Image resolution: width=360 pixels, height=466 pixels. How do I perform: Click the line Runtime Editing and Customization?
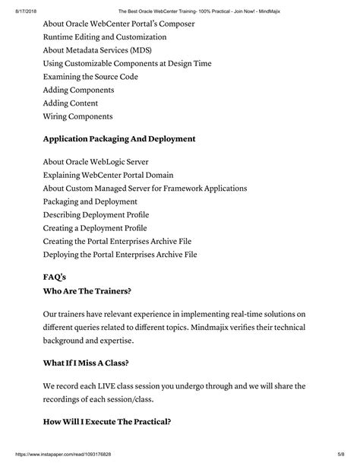tap(104, 37)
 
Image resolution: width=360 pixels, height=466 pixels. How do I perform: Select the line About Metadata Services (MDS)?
tap(97, 50)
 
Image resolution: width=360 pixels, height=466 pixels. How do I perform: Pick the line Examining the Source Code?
tap(90, 77)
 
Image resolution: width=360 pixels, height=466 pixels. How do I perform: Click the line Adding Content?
tap(71, 103)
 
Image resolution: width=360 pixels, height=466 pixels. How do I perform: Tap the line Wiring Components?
tap(77, 116)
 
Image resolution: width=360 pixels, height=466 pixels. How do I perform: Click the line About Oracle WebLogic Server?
tap(96, 162)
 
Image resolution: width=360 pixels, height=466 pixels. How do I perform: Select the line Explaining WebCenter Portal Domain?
tap(107, 176)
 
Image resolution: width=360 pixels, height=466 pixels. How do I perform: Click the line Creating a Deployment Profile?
tap(95, 228)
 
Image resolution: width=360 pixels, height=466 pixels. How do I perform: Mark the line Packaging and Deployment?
tap(90, 201)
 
